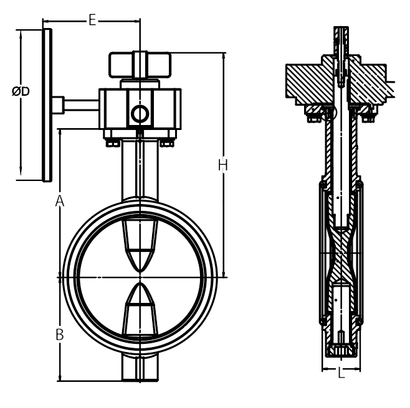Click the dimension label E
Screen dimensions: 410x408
tap(92, 20)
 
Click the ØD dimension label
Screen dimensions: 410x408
tap(21, 91)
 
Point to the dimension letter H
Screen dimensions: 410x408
tap(223, 165)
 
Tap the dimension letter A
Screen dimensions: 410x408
tap(60, 200)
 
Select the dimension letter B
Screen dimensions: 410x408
tap(60, 335)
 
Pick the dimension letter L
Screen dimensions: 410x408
tap(341, 373)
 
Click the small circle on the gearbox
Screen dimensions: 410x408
tap(140, 114)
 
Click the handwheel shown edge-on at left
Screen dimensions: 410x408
tap(47, 105)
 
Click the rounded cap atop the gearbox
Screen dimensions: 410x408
tap(140, 65)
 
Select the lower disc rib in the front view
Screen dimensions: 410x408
tap(140, 310)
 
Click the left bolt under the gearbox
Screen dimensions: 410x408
tap(112, 144)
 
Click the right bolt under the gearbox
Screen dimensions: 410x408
tap(167, 144)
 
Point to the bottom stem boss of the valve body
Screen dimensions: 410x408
tap(140, 368)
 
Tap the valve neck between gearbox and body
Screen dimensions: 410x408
tap(140, 170)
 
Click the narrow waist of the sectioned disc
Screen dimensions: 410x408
tap(341, 253)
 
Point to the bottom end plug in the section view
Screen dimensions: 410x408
tap(341, 351)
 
